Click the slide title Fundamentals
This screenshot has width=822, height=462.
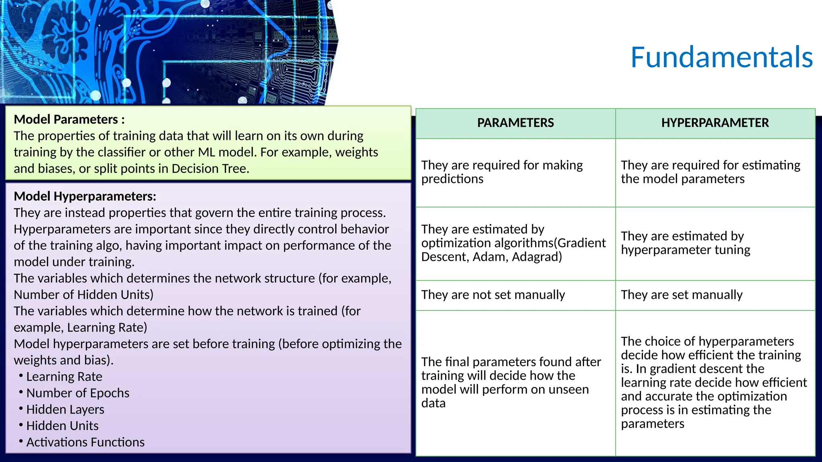tap(721, 57)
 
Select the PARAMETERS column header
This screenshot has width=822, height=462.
tap(515, 123)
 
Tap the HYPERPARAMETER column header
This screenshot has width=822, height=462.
tap(715, 123)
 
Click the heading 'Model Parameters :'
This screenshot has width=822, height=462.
tap(69, 120)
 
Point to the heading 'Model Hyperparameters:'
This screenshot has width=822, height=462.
tap(85, 196)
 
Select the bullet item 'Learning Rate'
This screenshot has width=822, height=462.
tap(64, 377)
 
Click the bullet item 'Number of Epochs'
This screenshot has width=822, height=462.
tap(78, 393)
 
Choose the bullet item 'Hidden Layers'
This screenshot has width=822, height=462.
tap(65, 409)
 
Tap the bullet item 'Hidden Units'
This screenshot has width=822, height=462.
tap(62, 426)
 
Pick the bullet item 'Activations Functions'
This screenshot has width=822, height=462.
tap(85, 442)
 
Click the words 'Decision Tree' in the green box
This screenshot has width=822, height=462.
tap(210, 169)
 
